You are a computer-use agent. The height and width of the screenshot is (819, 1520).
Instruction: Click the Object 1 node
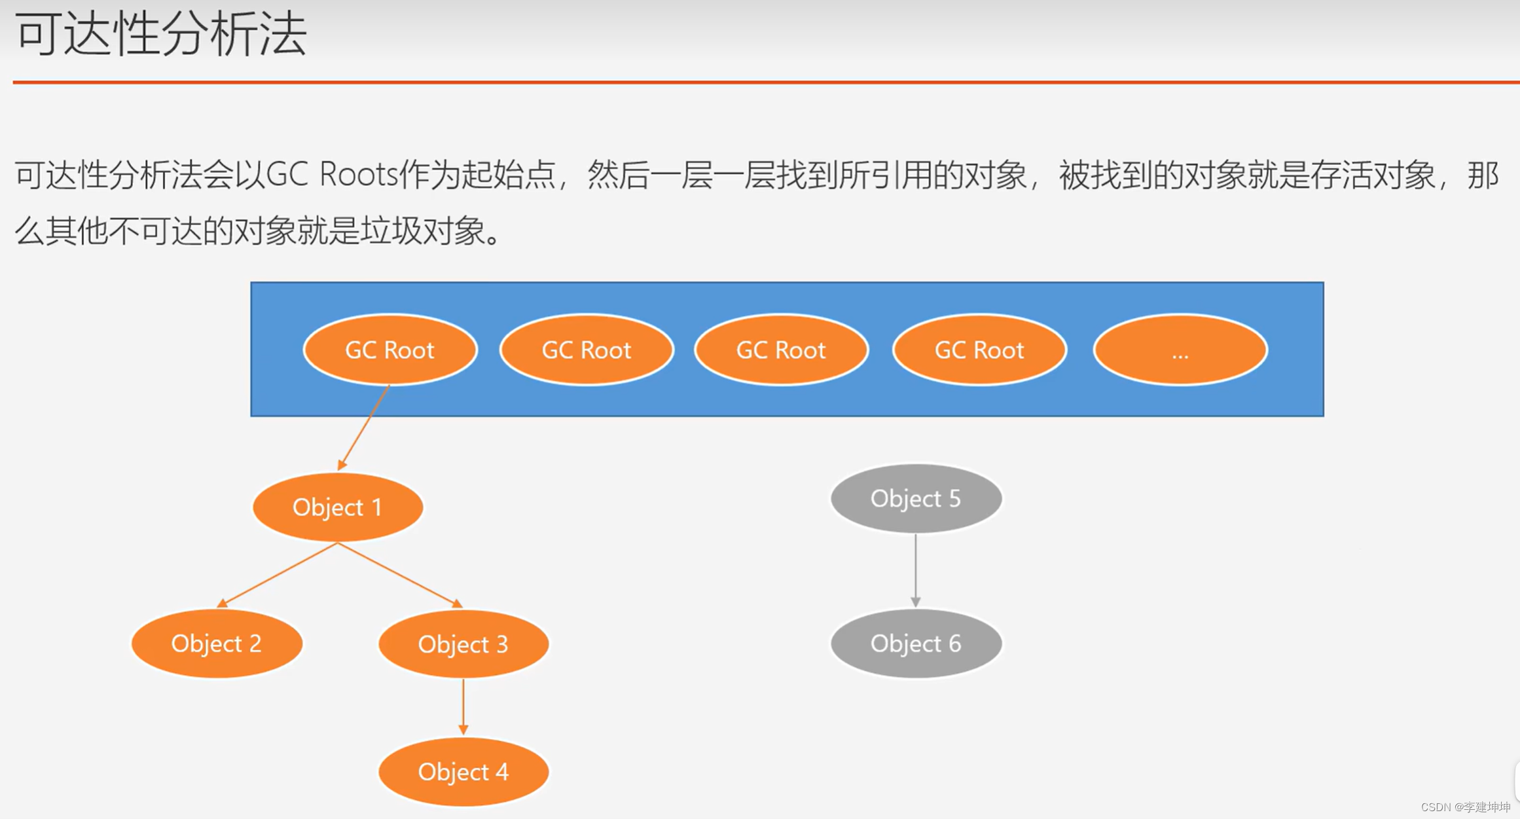tap(338, 507)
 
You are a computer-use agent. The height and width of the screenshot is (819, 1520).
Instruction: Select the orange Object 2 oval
tap(217, 644)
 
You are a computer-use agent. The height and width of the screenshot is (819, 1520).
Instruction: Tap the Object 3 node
tap(463, 644)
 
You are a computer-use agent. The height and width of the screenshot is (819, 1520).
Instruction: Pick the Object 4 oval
tap(463, 772)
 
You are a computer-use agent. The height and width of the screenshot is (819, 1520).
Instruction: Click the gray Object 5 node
tap(916, 499)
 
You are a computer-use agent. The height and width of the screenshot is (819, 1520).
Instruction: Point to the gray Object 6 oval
tap(916, 644)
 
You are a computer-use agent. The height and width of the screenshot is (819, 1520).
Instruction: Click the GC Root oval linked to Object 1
tap(390, 350)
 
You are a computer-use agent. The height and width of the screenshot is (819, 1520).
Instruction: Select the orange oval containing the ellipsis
tap(1180, 350)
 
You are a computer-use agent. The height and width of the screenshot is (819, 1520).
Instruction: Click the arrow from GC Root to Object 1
tap(364, 428)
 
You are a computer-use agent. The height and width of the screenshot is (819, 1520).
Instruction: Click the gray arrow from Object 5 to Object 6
tap(916, 570)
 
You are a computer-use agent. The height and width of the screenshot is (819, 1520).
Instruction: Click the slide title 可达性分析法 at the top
tap(161, 34)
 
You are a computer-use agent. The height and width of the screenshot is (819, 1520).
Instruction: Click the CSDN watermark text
tap(1466, 807)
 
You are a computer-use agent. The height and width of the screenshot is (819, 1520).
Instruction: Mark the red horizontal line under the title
tap(766, 82)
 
